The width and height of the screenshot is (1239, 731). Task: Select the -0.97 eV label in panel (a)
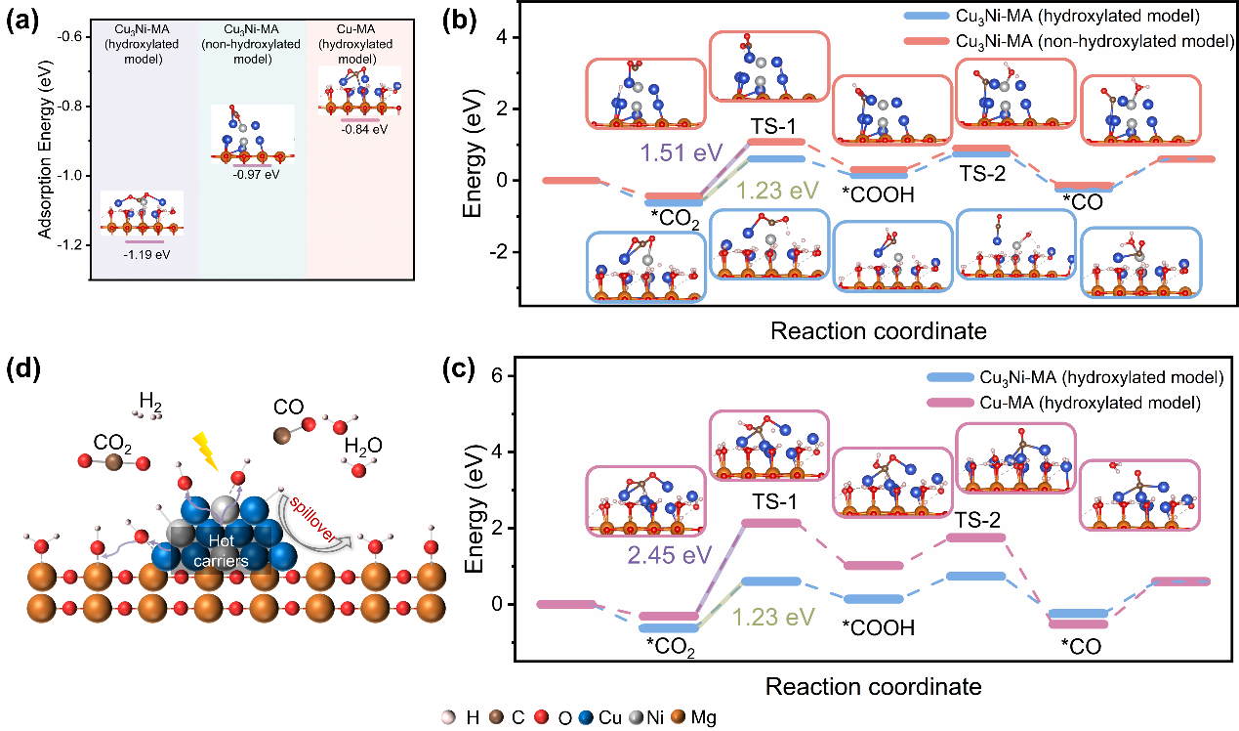click(x=253, y=175)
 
